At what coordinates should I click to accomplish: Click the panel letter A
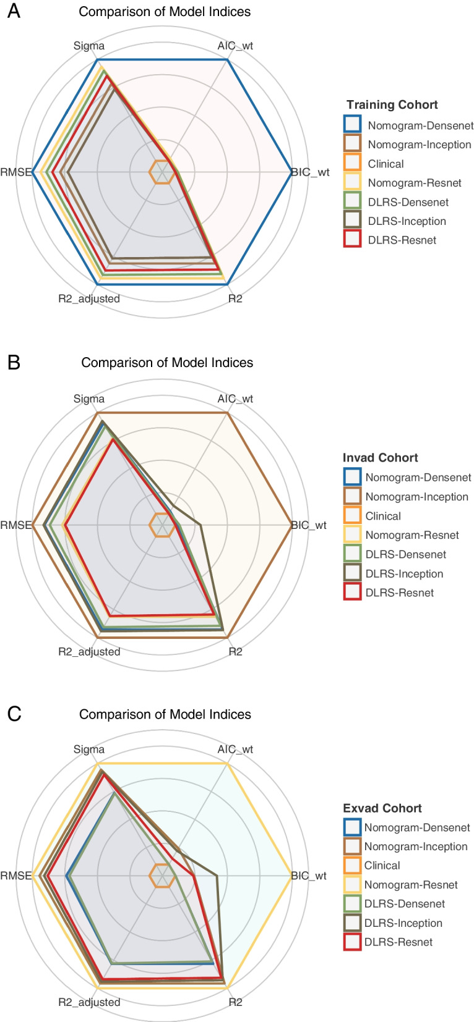(x=13, y=11)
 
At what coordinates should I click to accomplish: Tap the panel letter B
(x=13, y=362)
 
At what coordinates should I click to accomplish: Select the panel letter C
(x=14, y=714)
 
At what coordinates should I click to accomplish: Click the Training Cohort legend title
(x=392, y=104)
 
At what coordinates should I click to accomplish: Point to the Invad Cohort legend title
(x=380, y=457)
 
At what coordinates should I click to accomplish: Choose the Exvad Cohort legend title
(x=382, y=808)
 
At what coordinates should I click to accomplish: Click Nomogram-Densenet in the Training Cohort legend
(x=420, y=125)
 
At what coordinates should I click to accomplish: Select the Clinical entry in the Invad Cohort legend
(x=382, y=516)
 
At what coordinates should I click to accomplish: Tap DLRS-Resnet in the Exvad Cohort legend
(x=398, y=942)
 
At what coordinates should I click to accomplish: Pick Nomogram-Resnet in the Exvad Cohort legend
(x=410, y=885)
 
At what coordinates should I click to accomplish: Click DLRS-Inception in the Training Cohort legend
(x=407, y=221)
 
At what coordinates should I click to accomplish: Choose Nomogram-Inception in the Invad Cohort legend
(x=416, y=497)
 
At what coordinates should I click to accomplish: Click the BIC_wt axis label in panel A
(x=311, y=172)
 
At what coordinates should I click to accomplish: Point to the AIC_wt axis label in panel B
(x=235, y=399)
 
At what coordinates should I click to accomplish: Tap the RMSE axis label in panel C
(x=16, y=876)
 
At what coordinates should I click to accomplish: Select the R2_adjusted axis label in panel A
(x=89, y=298)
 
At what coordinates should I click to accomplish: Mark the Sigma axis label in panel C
(x=89, y=749)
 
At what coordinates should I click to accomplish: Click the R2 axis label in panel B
(x=235, y=651)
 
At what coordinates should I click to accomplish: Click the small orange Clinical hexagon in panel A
(x=162, y=172)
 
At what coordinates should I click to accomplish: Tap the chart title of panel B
(x=167, y=363)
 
